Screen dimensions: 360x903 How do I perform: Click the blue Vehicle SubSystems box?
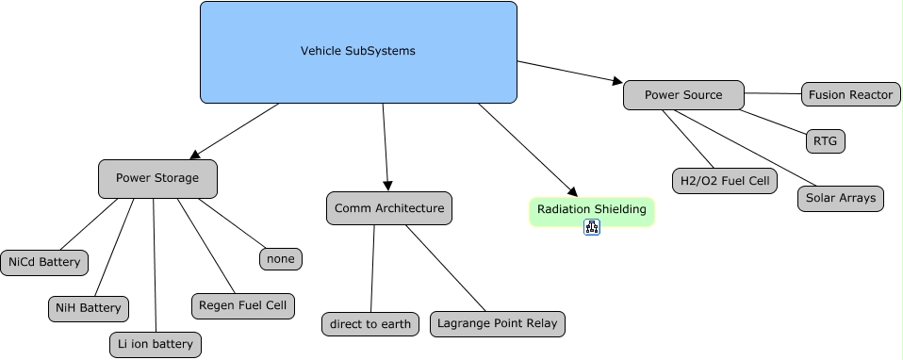click(x=358, y=52)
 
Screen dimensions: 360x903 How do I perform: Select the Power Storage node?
click(x=157, y=178)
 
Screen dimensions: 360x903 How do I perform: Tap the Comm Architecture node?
click(x=389, y=208)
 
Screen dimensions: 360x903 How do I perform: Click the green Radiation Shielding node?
click(x=591, y=210)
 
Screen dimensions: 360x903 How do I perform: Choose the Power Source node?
click(x=683, y=95)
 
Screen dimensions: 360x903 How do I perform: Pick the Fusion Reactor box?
click(x=851, y=94)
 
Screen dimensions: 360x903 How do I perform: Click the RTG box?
click(x=825, y=141)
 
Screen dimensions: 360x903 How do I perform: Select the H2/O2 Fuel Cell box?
click(x=724, y=181)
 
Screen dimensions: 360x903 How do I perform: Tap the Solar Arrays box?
click(x=840, y=199)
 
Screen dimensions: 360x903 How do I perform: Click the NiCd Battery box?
click(x=44, y=262)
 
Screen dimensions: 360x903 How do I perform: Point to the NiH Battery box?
click(x=88, y=307)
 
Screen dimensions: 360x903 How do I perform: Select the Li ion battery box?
click(x=153, y=345)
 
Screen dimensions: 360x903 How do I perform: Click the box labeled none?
click(x=281, y=258)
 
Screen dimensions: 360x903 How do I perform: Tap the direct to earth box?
click(x=370, y=324)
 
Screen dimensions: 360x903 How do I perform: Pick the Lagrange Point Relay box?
click(x=498, y=324)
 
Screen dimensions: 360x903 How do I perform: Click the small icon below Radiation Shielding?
click(x=592, y=227)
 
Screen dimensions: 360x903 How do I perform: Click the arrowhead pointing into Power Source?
click(x=617, y=82)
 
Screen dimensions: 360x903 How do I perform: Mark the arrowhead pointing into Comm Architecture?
click(x=387, y=187)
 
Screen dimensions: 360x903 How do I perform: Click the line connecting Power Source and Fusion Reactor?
click(x=773, y=93)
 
